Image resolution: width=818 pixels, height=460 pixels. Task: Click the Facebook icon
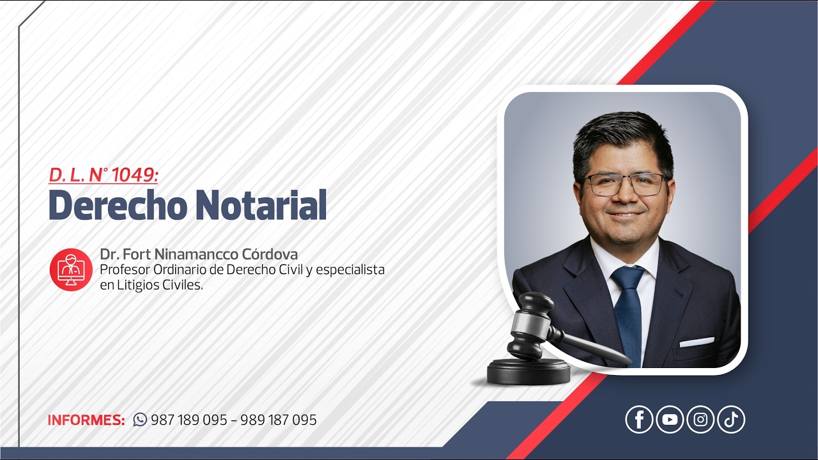639,420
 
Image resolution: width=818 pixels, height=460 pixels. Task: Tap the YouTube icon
670,420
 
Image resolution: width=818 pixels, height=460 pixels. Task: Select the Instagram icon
700,420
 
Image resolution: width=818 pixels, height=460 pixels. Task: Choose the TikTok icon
731,420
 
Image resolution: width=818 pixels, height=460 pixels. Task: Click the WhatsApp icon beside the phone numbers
140,420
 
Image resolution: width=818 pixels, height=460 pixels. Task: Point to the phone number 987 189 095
189,420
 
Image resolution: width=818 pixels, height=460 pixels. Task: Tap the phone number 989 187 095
279,420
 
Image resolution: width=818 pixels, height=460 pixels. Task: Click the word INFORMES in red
86,420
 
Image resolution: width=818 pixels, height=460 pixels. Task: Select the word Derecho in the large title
118,205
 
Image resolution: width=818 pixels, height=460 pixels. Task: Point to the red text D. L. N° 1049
103,174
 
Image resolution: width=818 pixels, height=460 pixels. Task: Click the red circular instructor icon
71,270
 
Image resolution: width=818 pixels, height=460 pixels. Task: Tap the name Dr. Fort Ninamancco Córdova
199,254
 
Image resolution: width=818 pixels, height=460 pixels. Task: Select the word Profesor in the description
125,270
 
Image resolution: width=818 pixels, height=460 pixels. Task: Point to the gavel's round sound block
529,372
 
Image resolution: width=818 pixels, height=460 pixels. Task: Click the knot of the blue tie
627,279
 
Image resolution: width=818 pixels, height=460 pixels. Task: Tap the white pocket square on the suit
696,342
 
